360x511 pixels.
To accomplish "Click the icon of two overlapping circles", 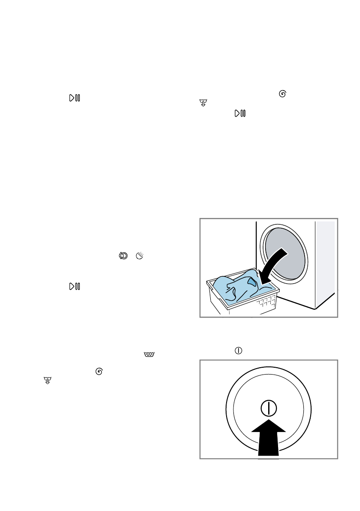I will (x=124, y=256).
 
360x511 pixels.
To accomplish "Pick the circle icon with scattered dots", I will (x=139, y=256).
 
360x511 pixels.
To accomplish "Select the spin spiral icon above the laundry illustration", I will (x=282, y=94).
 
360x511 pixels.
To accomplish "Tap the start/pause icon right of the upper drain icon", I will (x=239, y=113).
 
